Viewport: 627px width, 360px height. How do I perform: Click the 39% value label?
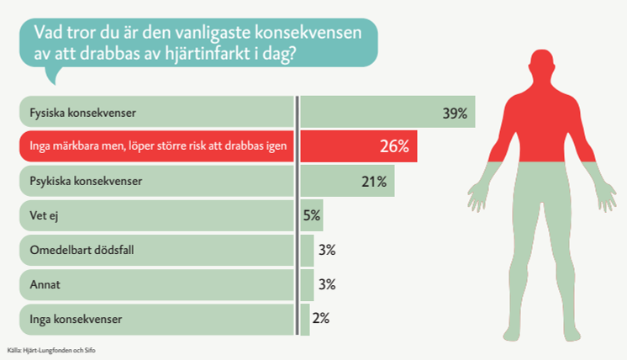pos(454,113)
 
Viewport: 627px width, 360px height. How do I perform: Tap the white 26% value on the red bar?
pos(393,146)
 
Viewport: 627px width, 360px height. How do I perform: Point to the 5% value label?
pos(312,215)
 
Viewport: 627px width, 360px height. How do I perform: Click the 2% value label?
pos(320,319)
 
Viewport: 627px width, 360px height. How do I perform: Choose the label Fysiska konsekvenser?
pos(82,112)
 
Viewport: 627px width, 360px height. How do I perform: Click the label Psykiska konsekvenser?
pos(86,181)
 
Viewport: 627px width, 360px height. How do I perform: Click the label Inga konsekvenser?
pos(76,320)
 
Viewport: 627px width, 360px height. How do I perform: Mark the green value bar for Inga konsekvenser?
pos(305,320)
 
